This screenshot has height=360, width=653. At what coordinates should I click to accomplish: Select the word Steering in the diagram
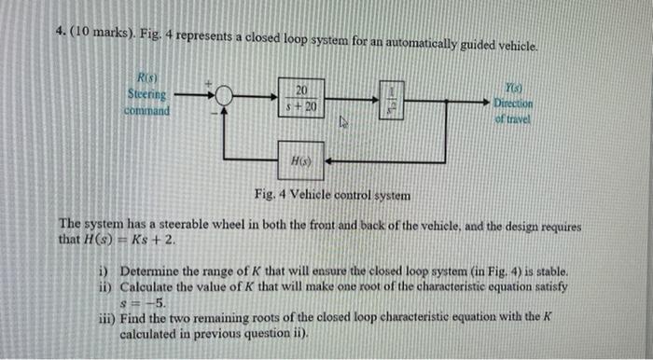click(x=146, y=95)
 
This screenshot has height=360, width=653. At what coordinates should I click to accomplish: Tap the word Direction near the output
click(x=514, y=103)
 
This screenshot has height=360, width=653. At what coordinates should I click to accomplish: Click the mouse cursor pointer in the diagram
click(x=342, y=120)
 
